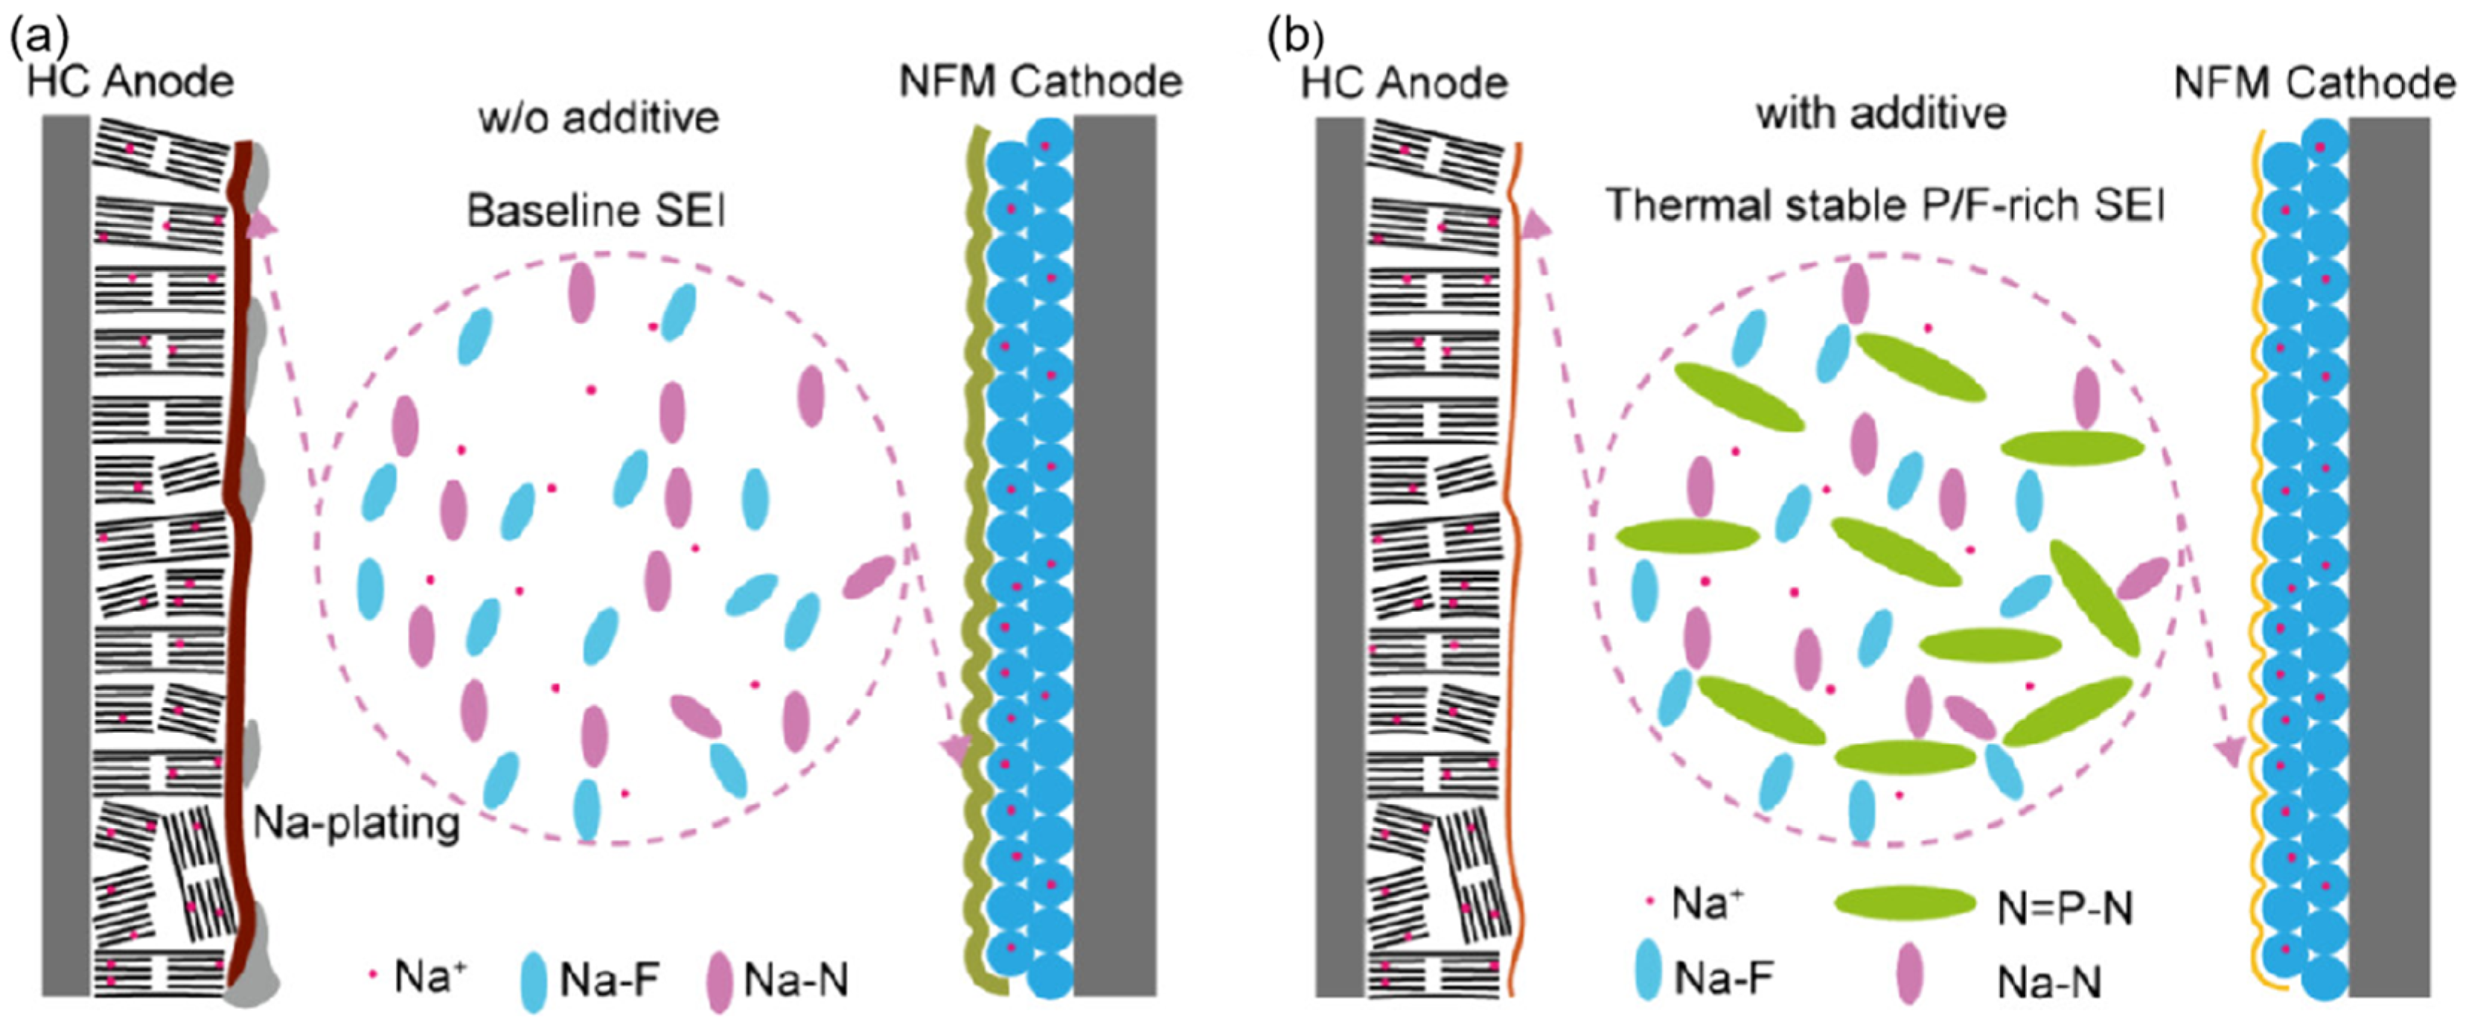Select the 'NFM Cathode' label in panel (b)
coord(2313,83)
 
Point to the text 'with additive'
coord(1880,114)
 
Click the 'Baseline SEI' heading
coord(595,210)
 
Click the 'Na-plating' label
coord(357,823)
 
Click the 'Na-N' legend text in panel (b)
coord(2049,981)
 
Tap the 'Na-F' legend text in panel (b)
coord(1723,978)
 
